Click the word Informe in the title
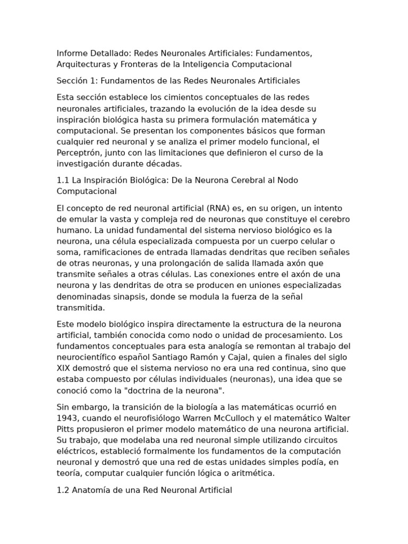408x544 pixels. tap(72, 54)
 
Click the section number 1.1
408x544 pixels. tap(63, 180)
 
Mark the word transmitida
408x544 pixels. tap(81, 308)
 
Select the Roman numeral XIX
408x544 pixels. tap(64, 368)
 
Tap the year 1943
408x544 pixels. tap(67, 418)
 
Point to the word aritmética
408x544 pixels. tap(254, 473)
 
